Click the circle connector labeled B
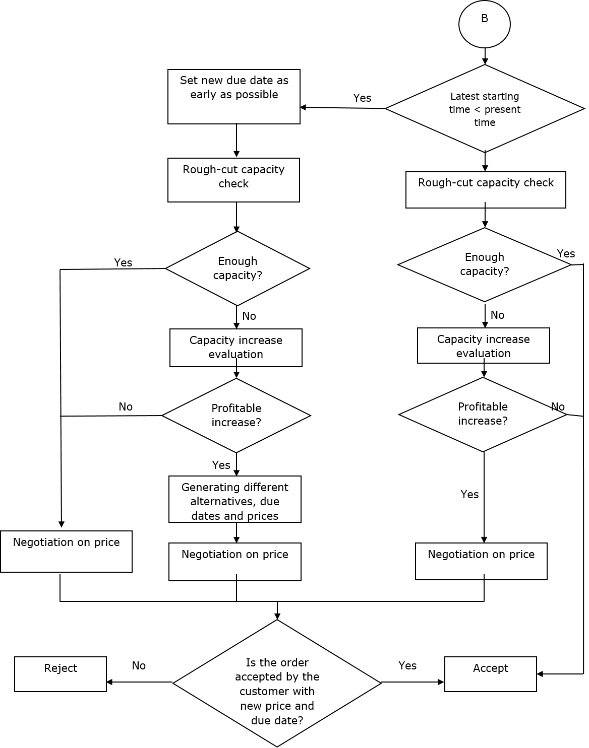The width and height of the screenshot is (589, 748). coord(484,24)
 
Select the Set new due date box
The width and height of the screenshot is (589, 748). coord(234,96)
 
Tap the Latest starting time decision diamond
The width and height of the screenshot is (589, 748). coord(485,108)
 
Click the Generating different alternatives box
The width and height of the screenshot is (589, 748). coord(234,499)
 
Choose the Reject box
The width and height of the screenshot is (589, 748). coord(61,674)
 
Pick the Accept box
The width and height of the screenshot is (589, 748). coord(490,674)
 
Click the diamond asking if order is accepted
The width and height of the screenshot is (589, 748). coord(277,684)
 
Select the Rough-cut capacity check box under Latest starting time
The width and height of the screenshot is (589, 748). coord(486,189)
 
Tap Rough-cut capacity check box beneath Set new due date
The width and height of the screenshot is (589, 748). coord(233,180)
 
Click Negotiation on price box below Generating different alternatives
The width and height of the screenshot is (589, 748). coord(234,562)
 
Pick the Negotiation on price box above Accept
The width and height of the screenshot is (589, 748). coord(481,561)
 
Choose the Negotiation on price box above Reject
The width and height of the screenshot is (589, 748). coord(66,552)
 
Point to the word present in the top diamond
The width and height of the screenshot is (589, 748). coord(502,109)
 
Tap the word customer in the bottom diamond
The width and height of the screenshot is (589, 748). coord(277,691)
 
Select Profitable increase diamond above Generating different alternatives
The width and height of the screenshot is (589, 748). coord(236,416)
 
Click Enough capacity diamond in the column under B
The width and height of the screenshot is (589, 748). coord(484,264)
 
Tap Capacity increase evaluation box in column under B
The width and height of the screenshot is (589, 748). coord(483,346)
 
